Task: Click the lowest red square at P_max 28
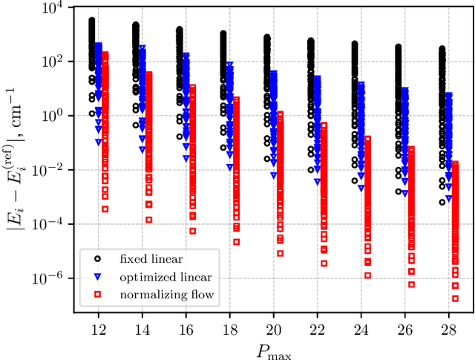[x=455, y=298]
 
